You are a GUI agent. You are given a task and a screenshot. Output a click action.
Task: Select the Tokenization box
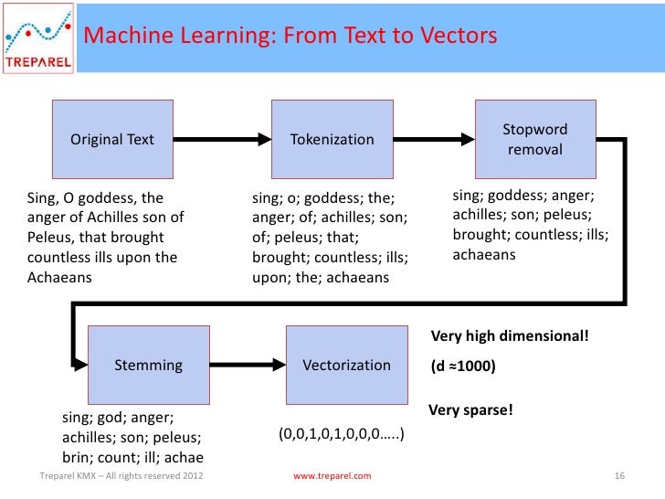(332, 139)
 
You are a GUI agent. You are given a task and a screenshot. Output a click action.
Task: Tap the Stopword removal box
(534, 139)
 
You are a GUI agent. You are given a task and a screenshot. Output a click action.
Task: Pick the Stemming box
(148, 365)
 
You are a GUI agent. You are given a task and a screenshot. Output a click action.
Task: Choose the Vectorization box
(346, 365)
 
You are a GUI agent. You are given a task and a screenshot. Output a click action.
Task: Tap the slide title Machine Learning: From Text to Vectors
(291, 36)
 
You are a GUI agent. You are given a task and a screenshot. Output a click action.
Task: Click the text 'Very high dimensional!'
(510, 335)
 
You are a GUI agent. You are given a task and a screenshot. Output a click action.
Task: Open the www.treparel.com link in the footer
(332, 476)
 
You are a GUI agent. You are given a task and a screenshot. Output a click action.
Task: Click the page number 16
(619, 476)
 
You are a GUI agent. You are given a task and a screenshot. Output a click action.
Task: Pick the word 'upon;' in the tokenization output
(271, 277)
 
